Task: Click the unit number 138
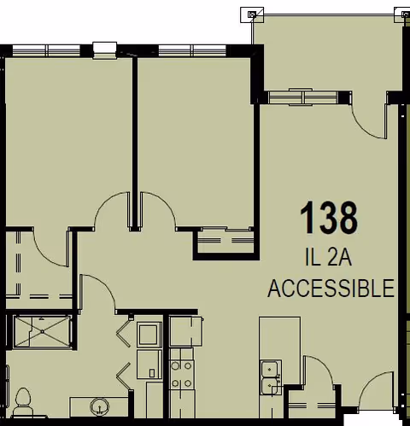coord(329,217)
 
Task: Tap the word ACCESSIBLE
coord(331,289)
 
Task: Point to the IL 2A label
coord(328,258)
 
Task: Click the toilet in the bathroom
coord(23,402)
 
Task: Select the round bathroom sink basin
coord(99,406)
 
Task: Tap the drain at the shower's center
coord(43,331)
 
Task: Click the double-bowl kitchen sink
coord(270,377)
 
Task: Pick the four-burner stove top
coord(182,375)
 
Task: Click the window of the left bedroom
coord(46,50)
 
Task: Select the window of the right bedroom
coord(192,50)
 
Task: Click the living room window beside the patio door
coord(305,97)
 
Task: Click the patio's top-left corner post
coord(252,15)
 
